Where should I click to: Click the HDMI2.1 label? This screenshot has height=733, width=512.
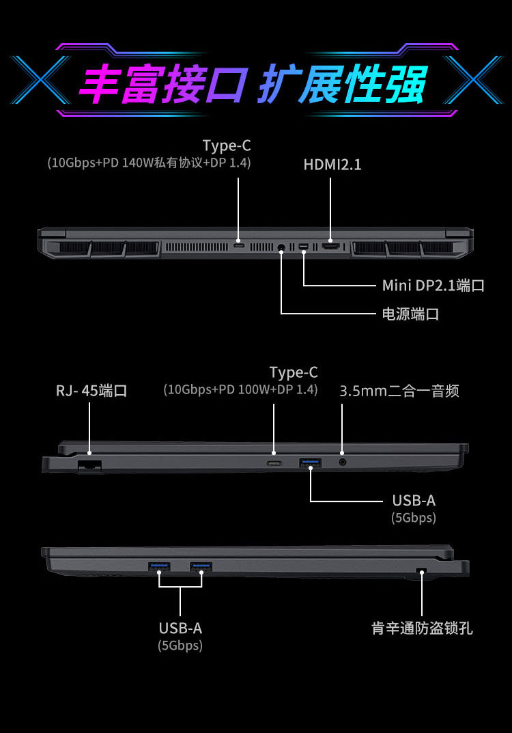tap(332, 165)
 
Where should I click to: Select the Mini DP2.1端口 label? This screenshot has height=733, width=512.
tap(433, 285)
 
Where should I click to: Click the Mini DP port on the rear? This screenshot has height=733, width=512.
tap(304, 246)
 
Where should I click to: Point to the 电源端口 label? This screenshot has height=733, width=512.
tap(411, 314)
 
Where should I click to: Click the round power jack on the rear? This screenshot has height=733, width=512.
tap(282, 247)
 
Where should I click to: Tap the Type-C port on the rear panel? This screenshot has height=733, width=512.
tap(239, 245)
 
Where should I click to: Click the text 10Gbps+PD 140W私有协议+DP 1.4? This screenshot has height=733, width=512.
tap(149, 163)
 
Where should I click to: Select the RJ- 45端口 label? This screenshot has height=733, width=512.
tap(91, 391)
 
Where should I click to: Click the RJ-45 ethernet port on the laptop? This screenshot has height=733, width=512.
tap(89, 466)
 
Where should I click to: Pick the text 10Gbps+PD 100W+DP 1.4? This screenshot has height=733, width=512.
tap(240, 389)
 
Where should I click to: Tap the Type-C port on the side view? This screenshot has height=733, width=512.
tap(274, 464)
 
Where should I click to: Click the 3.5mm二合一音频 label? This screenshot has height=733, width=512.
tap(399, 391)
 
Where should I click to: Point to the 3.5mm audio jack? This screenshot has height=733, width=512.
tap(343, 462)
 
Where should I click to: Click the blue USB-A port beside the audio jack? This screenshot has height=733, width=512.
tap(310, 463)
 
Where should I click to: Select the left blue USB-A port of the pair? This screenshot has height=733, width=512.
tap(159, 566)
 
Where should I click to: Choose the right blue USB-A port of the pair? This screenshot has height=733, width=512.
tap(201, 566)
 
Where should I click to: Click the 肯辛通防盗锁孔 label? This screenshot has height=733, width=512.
tap(422, 628)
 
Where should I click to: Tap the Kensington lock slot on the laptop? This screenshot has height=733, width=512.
tap(421, 570)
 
